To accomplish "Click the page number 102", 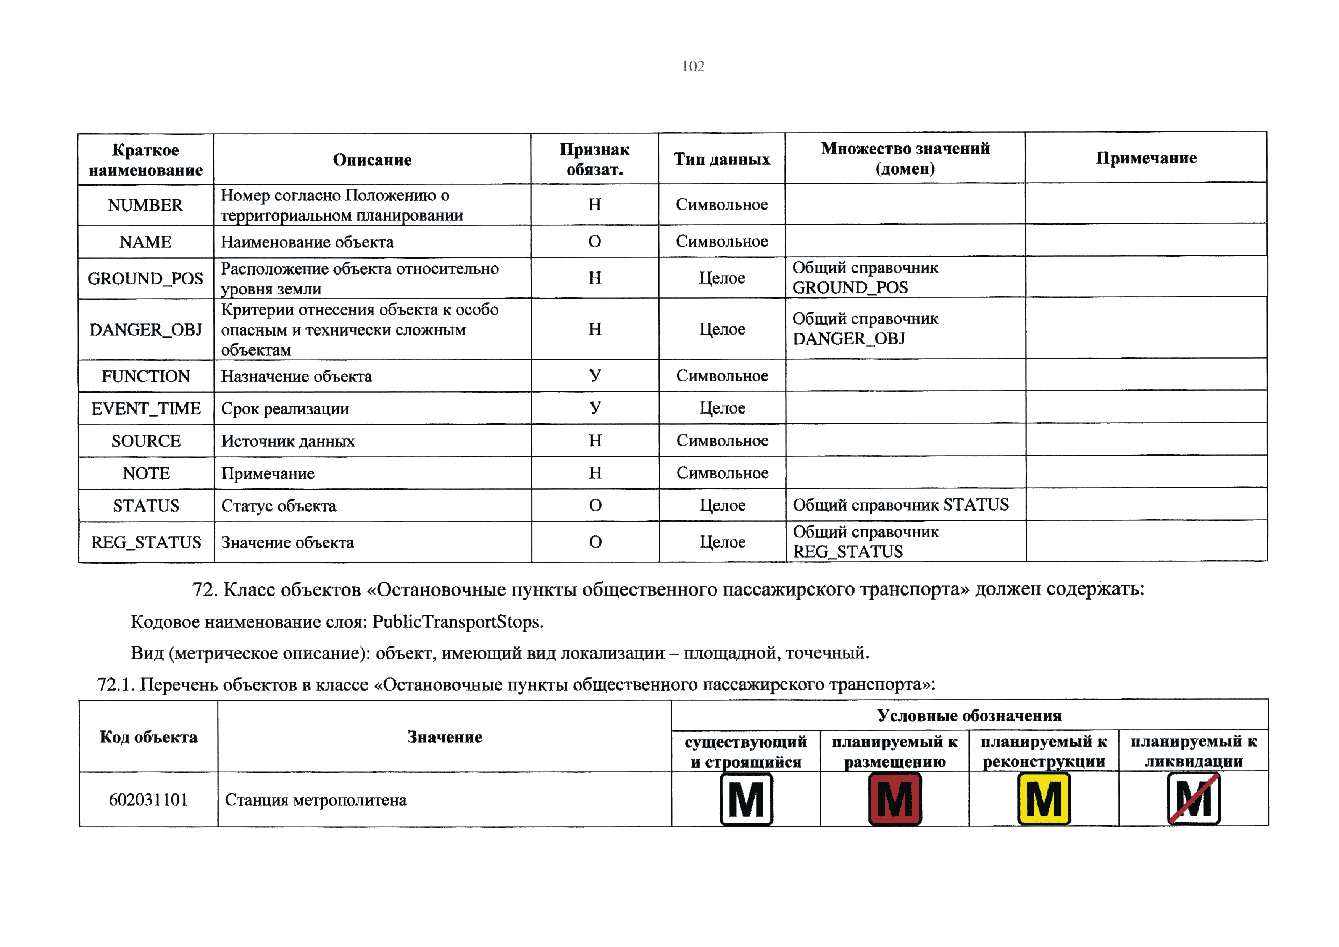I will coord(693,66).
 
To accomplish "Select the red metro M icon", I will coord(895,799).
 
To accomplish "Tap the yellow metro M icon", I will coord(1043,799).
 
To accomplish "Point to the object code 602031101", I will coord(148,799).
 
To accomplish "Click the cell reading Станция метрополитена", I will coord(316,800).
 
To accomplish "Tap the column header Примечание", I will coord(1145,158).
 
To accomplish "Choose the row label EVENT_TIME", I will coord(146,409).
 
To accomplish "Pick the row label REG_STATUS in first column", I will coord(146,542).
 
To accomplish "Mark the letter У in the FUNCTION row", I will coord(594,375).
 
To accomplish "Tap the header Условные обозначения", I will coord(969,715).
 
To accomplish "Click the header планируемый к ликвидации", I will coord(1193,751).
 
